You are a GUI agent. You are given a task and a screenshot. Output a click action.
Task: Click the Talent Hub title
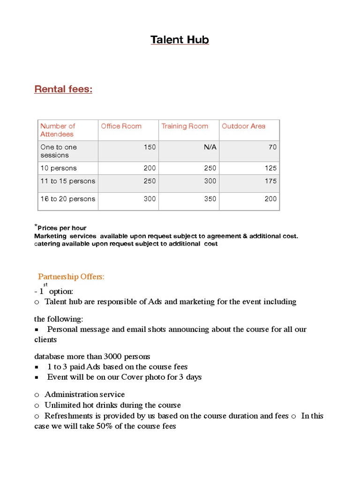[180, 40]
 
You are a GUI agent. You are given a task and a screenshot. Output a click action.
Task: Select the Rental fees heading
[63, 89]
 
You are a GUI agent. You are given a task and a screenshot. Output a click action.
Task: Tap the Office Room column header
[121, 126]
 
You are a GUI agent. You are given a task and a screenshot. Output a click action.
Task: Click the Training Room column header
[185, 126]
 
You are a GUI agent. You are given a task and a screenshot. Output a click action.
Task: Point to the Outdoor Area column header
[243, 126]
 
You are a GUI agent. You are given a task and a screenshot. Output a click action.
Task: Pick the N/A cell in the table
[210, 147]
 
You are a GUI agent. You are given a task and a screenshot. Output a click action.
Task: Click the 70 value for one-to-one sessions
[272, 147]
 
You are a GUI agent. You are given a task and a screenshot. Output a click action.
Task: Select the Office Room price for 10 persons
[150, 168]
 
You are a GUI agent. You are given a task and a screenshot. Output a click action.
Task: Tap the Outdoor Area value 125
[270, 168]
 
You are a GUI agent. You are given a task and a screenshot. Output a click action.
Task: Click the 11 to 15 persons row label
[67, 181]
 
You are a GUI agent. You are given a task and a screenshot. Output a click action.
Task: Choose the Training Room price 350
[210, 199]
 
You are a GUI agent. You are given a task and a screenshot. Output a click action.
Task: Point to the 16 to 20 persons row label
[67, 199]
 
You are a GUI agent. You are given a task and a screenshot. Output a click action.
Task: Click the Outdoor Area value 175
[270, 181]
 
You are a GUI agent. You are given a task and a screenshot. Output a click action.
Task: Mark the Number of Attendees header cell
[57, 130]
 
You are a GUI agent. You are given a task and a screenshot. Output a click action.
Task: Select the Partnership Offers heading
[71, 277]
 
